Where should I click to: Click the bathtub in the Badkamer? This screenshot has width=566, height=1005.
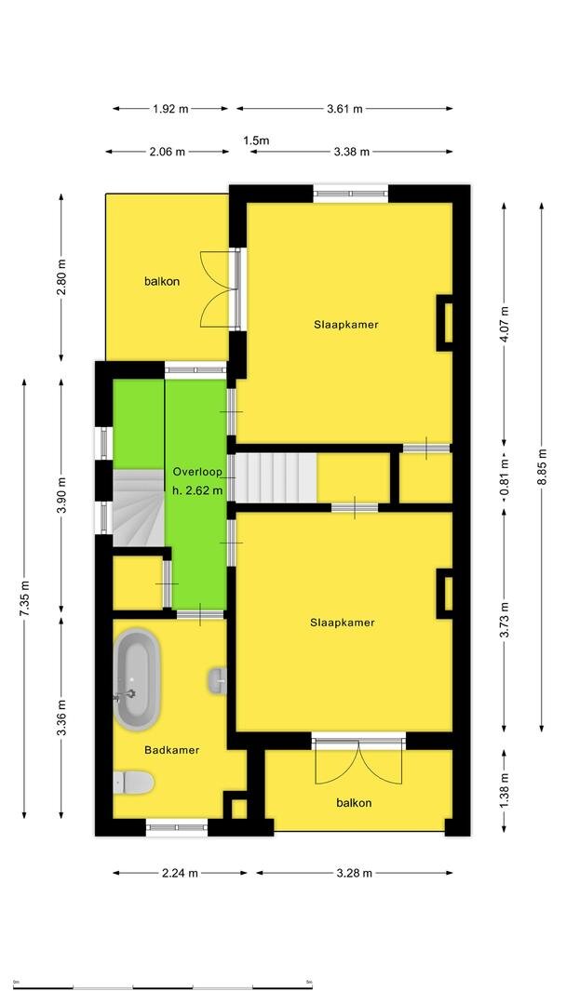137,679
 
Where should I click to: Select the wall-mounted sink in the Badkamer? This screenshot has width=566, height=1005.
218,680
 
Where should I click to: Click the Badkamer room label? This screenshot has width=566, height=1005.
172,750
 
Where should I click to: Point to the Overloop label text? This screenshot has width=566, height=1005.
197,472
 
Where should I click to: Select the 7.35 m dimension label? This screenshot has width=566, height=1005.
25,598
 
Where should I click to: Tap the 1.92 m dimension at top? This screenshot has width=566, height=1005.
170,109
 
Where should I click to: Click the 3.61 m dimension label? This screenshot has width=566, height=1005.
344,109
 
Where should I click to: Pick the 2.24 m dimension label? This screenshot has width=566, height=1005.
180,873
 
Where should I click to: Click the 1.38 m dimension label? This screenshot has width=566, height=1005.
504,792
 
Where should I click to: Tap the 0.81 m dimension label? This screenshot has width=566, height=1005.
504,477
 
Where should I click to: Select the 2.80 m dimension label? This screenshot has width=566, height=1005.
61,277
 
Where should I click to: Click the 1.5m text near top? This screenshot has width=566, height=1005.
256,141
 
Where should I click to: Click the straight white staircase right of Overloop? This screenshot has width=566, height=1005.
276,477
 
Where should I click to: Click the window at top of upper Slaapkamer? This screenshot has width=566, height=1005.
351,193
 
